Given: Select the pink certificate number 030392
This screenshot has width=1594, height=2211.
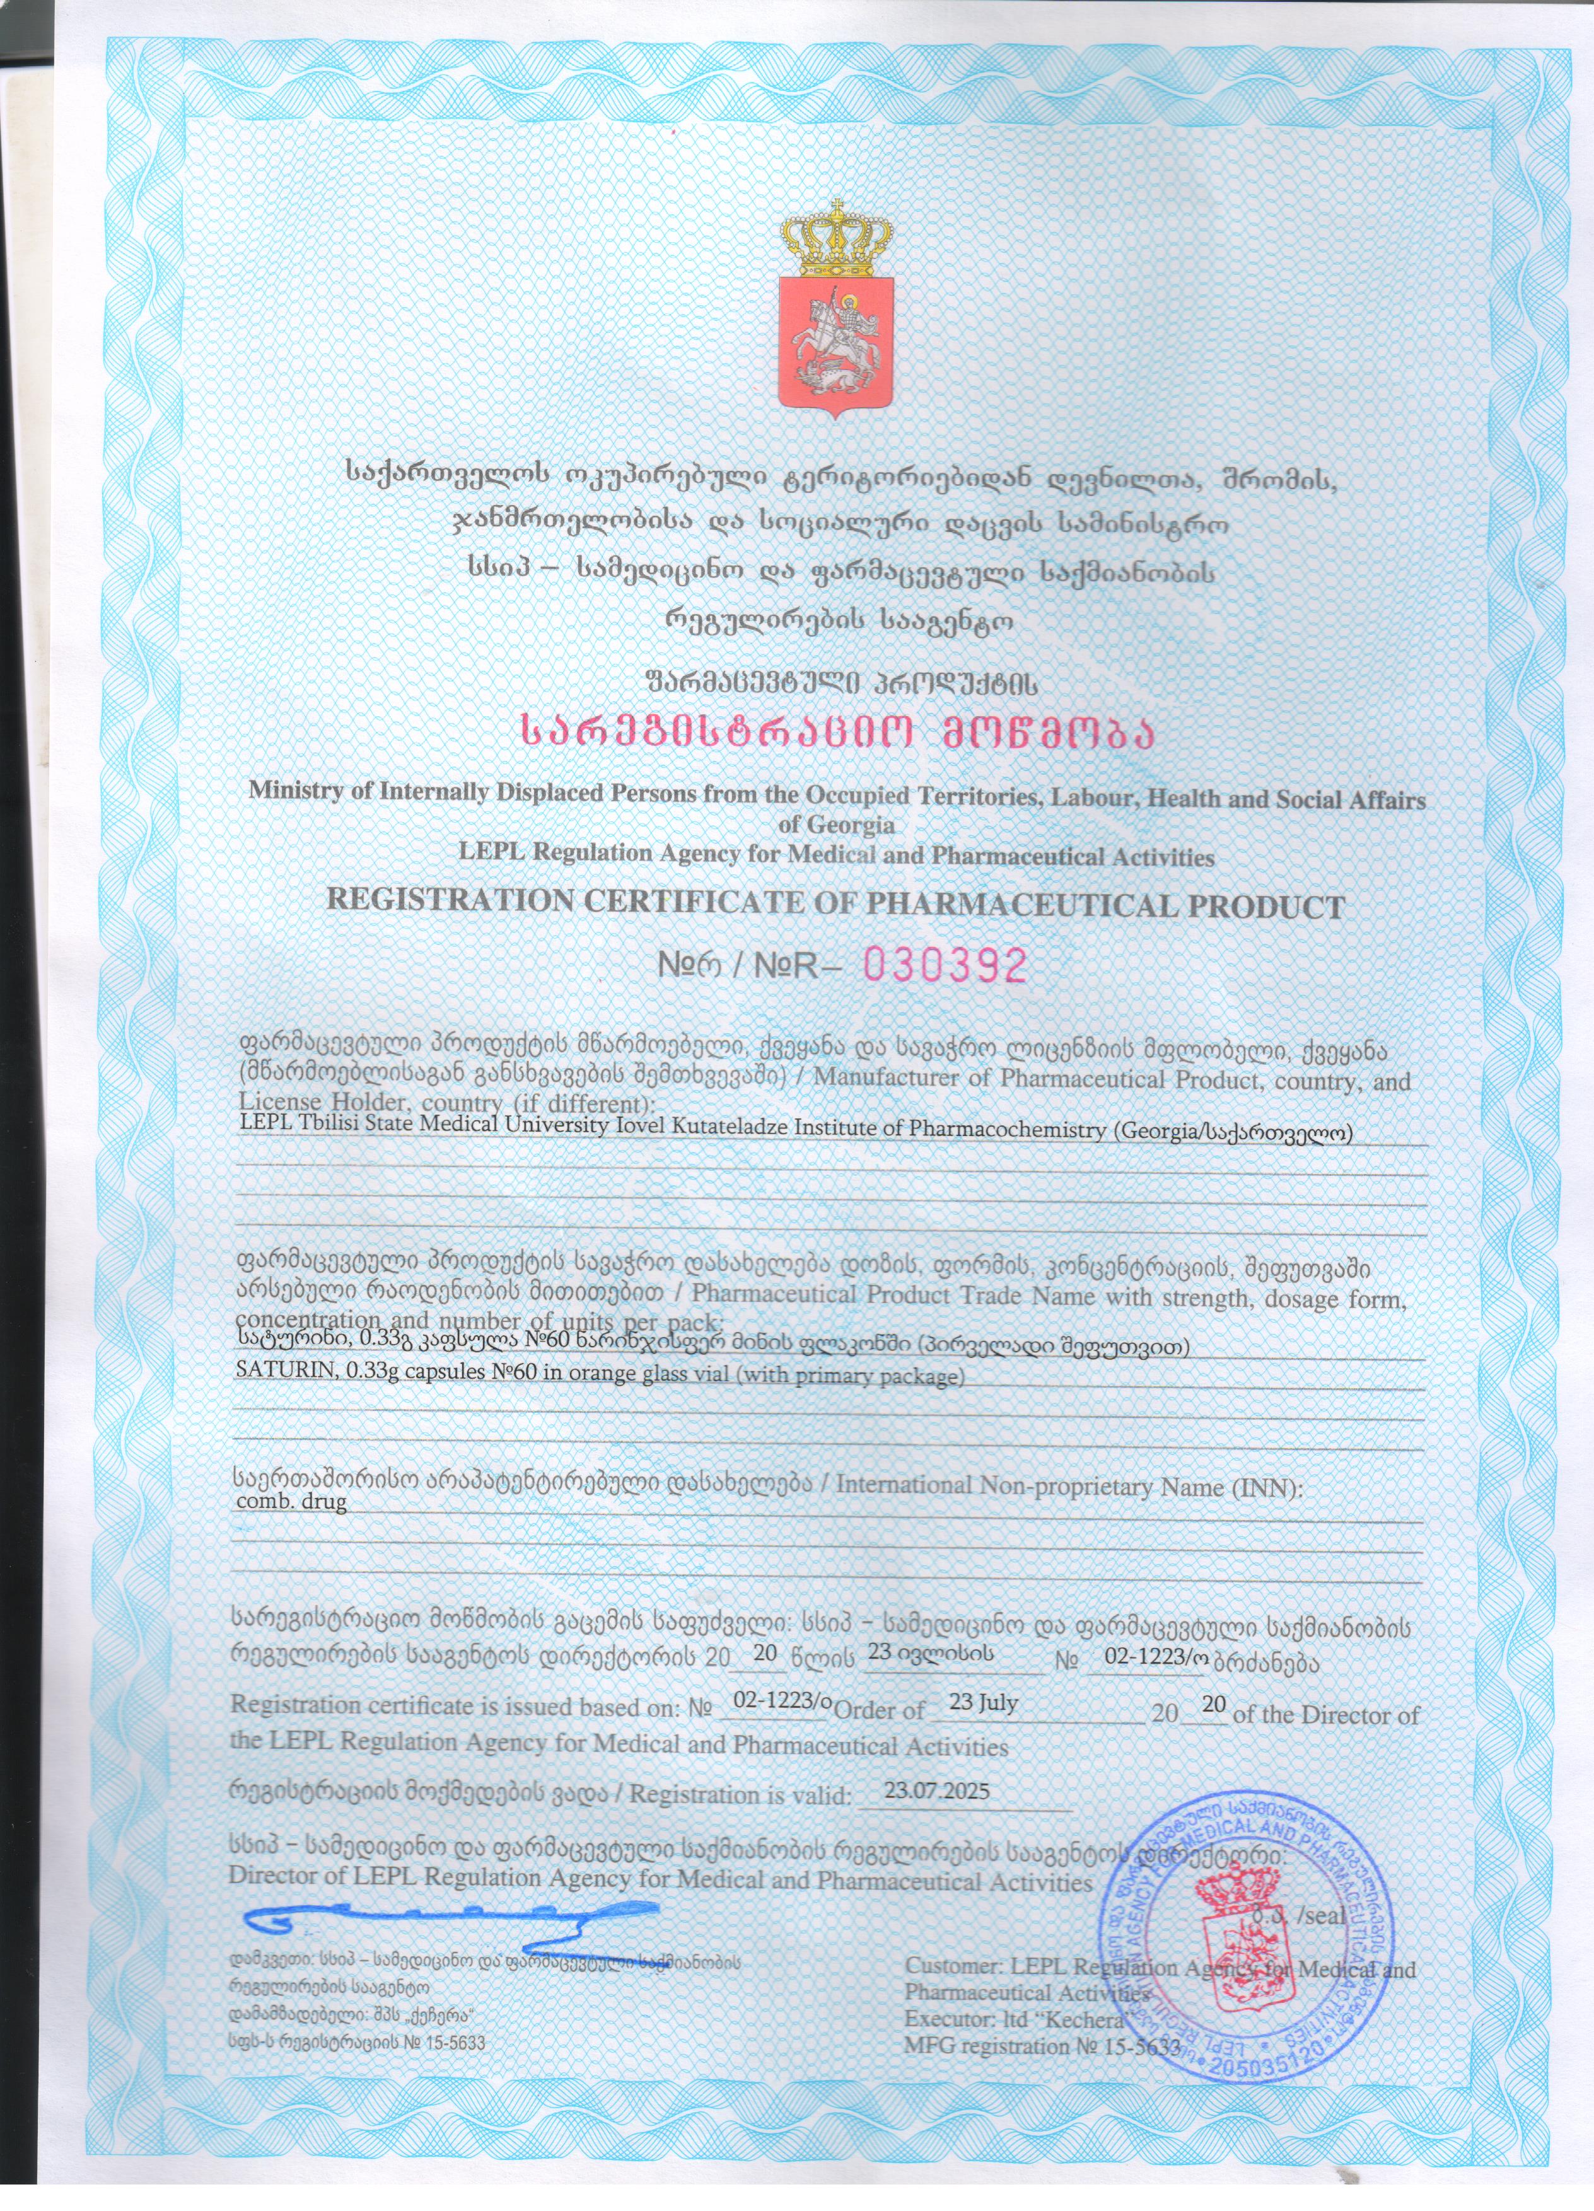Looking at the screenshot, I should click(946, 965).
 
